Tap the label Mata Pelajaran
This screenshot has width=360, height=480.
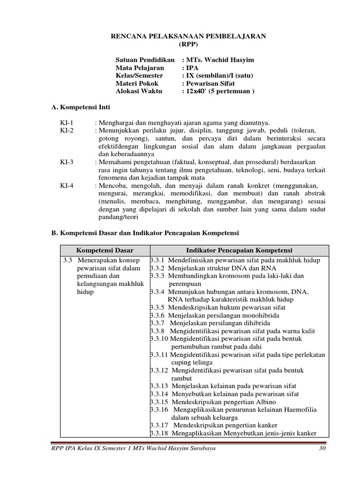pos(140,68)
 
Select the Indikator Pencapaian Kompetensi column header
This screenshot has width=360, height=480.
pos(239,250)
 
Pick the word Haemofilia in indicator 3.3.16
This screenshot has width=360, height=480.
pos(299,410)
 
